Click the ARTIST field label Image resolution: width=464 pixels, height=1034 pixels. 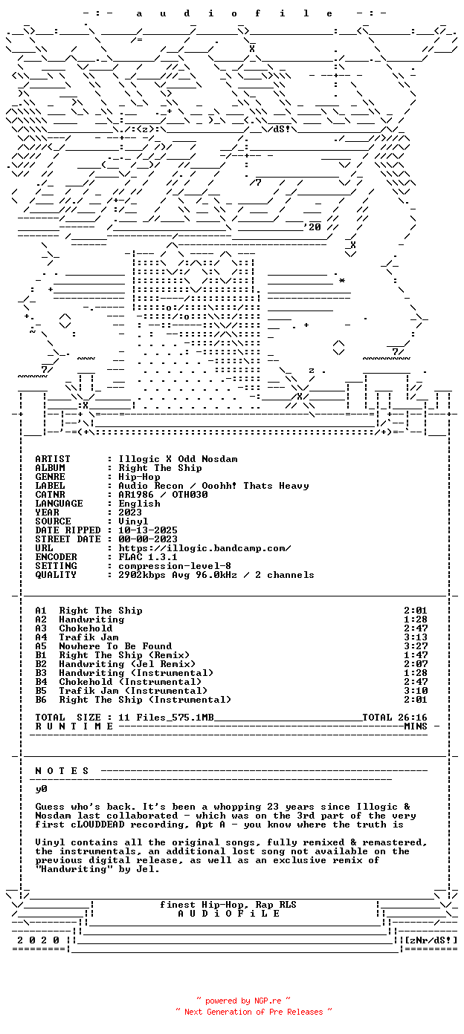53,459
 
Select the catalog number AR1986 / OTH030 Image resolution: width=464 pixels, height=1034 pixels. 163,495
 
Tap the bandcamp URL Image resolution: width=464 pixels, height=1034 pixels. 204,548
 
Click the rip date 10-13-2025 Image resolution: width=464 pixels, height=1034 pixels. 148,530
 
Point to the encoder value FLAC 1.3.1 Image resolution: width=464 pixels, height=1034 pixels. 148,556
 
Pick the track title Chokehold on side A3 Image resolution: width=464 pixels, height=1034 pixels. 86,628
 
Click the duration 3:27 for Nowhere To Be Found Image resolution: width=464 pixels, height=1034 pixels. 416,646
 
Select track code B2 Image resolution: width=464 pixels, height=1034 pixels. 41,664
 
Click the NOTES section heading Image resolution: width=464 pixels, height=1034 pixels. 62,771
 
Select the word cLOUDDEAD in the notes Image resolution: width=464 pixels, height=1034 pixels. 97,825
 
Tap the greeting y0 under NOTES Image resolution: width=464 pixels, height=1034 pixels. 41,789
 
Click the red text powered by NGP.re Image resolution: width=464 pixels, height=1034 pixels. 243,1001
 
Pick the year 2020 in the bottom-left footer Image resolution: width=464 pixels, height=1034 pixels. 39,940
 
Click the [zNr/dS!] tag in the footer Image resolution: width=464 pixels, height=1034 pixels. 431,940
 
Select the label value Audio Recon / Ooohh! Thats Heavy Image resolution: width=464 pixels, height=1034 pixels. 213,486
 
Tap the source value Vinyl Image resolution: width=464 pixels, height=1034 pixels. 133,521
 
